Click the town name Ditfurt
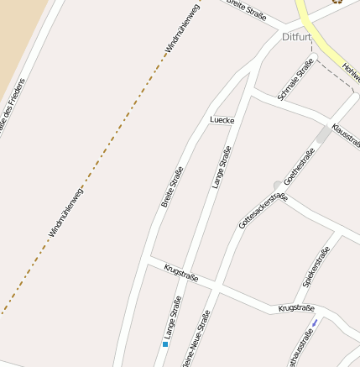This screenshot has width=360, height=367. click(297, 38)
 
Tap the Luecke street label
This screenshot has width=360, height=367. click(222, 120)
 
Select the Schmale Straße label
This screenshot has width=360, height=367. click(295, 80)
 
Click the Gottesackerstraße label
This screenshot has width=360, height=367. click(263, 211)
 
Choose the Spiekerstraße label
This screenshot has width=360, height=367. click(316, 266)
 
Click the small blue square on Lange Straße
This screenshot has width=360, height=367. click(165, 343)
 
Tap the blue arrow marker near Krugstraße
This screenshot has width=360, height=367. click(314, 322)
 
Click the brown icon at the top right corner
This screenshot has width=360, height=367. click(337, 2)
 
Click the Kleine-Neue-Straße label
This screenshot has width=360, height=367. click(199, 339)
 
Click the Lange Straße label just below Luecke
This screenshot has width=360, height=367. click(222, 167)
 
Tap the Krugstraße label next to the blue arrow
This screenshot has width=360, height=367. click(295, 309)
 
